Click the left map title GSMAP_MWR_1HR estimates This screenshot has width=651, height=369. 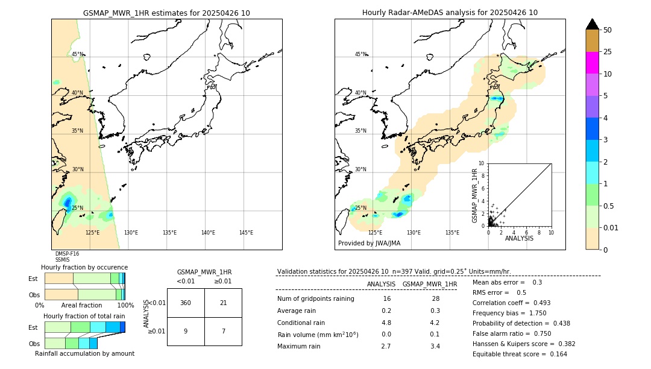click(x=166, y=13)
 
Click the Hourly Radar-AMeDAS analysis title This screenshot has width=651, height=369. click(x=450, y=13)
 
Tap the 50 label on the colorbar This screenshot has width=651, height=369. click(x=608, y=30)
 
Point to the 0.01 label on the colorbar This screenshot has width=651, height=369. click(x=611, y=227)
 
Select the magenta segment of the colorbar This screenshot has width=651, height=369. click(x=592, y=63)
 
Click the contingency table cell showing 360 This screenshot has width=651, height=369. click(x=186, y=303)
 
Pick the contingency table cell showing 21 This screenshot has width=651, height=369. click(x=223, y=303)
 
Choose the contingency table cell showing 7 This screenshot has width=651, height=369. click(x=223, y=331)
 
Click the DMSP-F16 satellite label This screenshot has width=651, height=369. click(x=67, y=254)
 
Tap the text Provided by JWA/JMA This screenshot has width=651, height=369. click(x=369, y=244)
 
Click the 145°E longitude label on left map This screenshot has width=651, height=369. click(x=246, y=233)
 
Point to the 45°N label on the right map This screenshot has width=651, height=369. click(x=360, y=54)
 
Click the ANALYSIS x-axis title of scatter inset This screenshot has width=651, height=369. click(x=519, y=238)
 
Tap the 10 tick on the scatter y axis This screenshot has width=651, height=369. click(x=482, y=163)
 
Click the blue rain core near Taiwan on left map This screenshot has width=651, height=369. click(x=68, y=203)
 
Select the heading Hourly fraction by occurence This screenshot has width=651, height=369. click(x=84, y=267)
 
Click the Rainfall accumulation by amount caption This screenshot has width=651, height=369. click(x=84, y=353)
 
